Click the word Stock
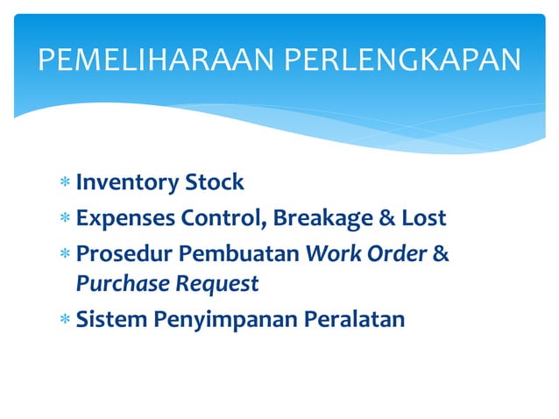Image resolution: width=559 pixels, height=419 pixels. point(214,183)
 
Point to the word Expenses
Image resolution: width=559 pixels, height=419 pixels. point(125,217)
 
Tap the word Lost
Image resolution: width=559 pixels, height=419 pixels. point(423,217)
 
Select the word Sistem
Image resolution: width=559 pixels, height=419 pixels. point(110,318)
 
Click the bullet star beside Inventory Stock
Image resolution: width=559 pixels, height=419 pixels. point(65,185)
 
